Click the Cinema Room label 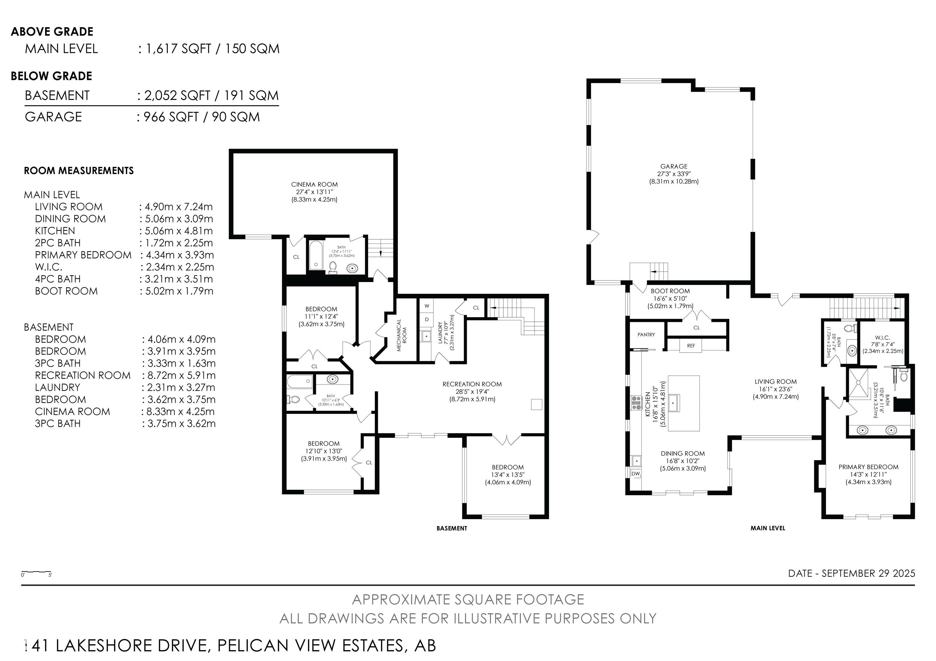314,185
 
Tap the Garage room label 674,166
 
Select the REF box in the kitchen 691,346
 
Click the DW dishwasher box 636,474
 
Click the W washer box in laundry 427,306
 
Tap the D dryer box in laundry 427,319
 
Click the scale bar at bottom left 36,574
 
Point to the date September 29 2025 852,573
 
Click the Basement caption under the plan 452,528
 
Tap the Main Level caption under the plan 768,528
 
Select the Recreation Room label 472,384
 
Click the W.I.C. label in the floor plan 882,338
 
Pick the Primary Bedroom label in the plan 868,467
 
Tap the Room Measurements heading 79,171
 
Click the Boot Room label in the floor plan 670,291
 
